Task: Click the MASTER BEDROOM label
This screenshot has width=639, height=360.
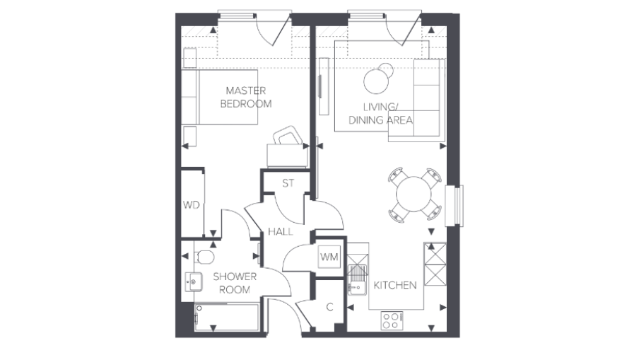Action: point(245,97)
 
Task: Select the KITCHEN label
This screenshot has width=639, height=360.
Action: point(394,285)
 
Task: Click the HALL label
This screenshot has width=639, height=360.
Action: point(280,231)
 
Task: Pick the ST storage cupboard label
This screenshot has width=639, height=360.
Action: point(288,183)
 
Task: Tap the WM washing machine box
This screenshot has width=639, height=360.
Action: point(329,256)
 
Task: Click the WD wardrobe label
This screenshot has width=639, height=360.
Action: point(190,205)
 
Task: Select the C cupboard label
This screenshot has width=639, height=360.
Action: point(329,307)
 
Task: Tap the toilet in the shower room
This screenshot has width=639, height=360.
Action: point(204,255)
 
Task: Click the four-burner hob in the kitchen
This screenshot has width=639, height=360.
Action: point(391,320)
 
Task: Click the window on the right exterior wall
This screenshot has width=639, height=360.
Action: point(459,206)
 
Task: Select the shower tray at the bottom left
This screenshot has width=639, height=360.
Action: point(226,315)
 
